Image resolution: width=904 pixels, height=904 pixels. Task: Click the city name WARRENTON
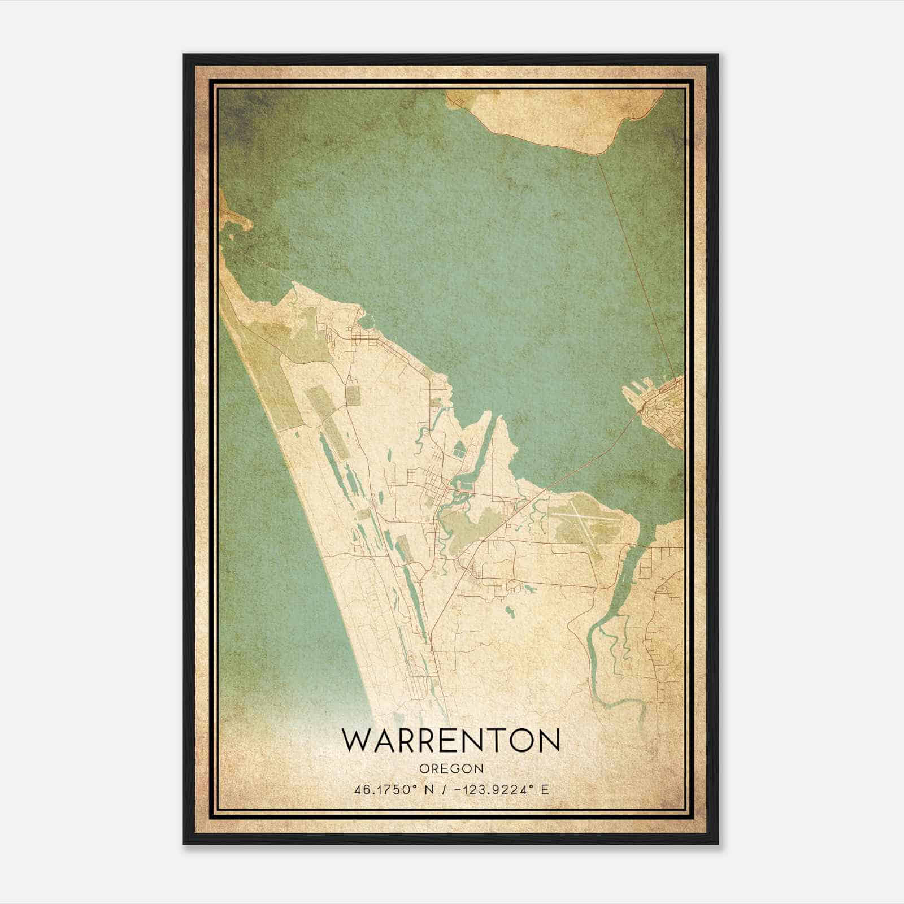[x=451, y=740]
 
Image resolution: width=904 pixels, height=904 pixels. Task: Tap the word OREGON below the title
[x=451, y=768]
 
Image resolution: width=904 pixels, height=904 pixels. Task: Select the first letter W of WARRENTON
[x=357, y=740]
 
